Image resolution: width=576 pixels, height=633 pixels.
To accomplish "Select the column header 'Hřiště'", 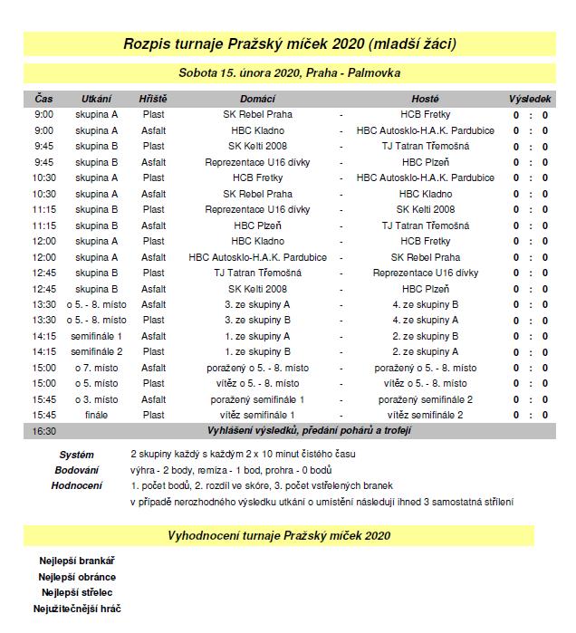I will (153, 99).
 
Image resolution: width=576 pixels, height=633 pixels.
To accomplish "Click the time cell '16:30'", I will (43, 431).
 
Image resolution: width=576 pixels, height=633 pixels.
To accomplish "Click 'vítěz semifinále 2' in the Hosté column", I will (425, 415).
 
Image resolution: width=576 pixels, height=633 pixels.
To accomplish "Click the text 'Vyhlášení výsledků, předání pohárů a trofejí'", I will (308, 431).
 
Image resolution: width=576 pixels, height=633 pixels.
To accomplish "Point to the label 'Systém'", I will (77, 455).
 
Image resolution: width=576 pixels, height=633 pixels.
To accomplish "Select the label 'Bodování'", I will (77, 471).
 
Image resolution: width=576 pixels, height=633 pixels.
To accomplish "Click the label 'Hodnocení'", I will (77, 486).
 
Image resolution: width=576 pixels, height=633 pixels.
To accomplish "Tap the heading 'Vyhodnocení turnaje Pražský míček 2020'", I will (279, 536).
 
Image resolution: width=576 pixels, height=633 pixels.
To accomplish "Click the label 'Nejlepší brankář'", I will (77, 561).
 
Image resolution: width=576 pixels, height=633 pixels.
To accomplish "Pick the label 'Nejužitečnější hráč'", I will (77, 609).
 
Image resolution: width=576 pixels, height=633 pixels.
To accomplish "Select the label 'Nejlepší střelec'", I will (77, 593).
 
